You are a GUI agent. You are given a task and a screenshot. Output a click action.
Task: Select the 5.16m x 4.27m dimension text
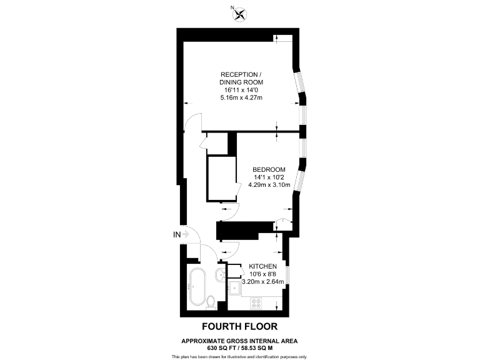pyautogui.click(x=241, y=98)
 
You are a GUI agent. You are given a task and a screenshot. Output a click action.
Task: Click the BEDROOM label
pyautogui.click(x=269, y=169)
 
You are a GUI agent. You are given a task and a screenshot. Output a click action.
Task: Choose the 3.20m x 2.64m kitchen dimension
pyautogui.click(x=267, y=282)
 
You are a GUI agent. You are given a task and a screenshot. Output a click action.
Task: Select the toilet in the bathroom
pyautogui.click(x=211, y=302)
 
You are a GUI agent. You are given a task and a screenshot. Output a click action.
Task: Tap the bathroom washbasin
pyautogui.click(x=221, y=276)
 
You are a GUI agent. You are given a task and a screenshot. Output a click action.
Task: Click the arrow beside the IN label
pyautogui.click(x=186, y=234)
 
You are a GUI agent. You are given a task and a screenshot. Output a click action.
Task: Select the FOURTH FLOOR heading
pyautogui.click(x=239, y=326)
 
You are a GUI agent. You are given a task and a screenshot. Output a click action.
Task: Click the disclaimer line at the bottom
pyautogui.click(x=239, y=356)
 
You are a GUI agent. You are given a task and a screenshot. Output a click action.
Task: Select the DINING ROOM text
pyautogui.click(x=241, y=82)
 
